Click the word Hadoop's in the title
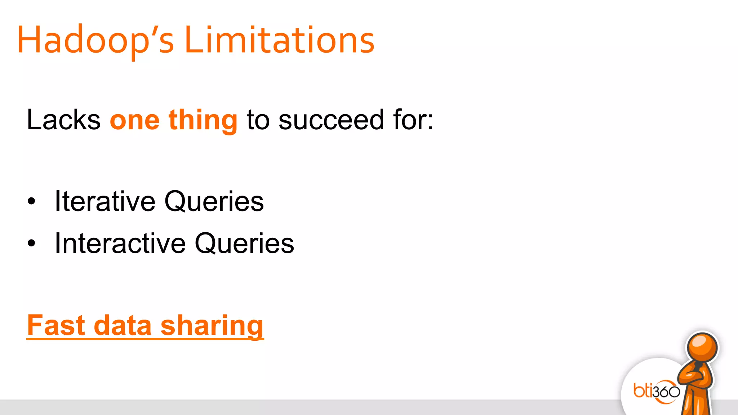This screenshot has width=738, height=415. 95,40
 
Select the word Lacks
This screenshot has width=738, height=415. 63,120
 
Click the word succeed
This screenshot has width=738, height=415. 331,120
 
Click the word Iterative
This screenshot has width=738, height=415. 105,201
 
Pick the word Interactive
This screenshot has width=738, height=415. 120,244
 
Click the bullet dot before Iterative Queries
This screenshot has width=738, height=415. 32,201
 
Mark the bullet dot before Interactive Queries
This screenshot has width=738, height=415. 32,244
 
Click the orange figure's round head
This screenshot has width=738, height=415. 702,348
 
